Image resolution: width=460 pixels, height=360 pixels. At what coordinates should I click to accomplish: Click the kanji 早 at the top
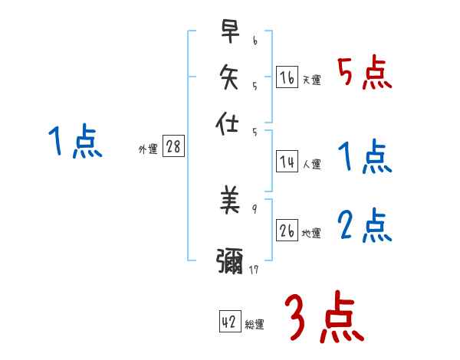(x=229, y=31)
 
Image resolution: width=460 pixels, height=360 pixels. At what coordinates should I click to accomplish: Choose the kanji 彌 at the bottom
(x=229, y=261)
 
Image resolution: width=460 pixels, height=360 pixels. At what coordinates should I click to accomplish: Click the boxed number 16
(x=287, y=77)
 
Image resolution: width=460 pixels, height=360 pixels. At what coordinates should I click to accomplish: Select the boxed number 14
(x=287, y=161)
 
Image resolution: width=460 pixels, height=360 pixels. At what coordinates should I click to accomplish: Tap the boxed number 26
(x=287, y=231)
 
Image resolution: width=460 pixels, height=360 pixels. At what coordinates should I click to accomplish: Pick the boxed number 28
(x=173, y=147)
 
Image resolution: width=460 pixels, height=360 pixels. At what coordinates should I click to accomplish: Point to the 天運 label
(x=311, y=80)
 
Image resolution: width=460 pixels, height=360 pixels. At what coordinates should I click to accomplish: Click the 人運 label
(x=311, y=164)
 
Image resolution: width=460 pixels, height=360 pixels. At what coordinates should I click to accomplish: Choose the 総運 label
(x=255, y=325)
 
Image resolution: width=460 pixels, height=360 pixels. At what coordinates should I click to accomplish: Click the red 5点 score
(x=364, y=74)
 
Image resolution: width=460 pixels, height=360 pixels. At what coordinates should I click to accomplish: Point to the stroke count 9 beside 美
(x=253, y=208)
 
